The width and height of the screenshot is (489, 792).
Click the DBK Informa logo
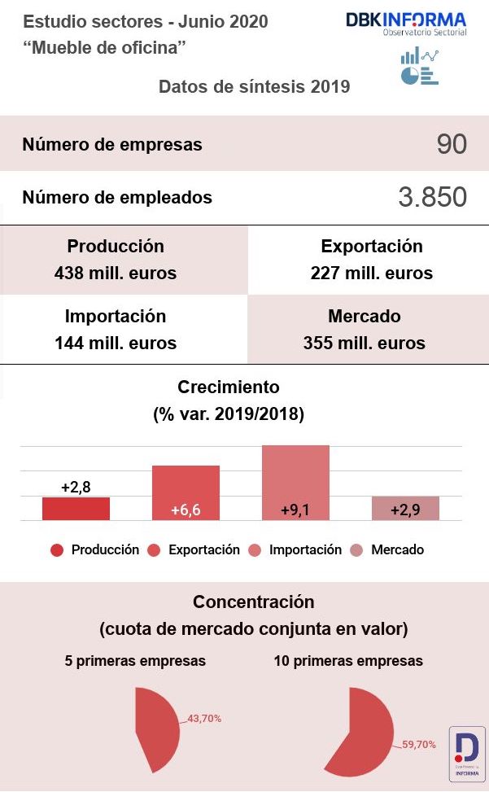pyautogui.click(x=406, y=23)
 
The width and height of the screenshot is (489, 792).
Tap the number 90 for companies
pyautogui.click(x=452, y=144)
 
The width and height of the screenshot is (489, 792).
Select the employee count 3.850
pyautogui.click(x=432, y=197)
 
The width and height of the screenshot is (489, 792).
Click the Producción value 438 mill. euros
pyautogui.click(x=116, y=273)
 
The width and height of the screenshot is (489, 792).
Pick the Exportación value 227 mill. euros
pyautogui.click(x=372, y=273)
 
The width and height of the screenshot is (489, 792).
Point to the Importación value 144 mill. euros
pyautogui.click(x=116, y=343)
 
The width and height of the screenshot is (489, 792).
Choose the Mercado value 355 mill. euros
pyautogui.click(x=365, y=343)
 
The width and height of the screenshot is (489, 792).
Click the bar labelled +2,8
pyautogui.click(x=76, y=509)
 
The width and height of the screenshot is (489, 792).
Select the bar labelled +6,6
pyautogui.click(x=186, y=493)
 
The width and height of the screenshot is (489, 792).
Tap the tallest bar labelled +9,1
pyautogui.click(x=295, y=483)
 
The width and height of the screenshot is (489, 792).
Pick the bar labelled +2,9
pyautogui.click(x=405, y=509)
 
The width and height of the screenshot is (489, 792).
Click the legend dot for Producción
pyautogui.click(x=57, y=550)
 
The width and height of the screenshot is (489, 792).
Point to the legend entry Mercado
pyautogui.click(x=397, y=550)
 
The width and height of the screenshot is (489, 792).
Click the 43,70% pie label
pyautogui.click(x=204, y=719)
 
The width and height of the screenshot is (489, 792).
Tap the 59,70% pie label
pyautogui.click(x=419, y=744)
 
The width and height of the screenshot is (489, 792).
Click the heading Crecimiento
pyautogui.click(x=228, y=387)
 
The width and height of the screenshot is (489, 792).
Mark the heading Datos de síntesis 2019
pyautogui.click(x=255, y=86)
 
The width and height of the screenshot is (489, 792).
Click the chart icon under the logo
pyautogui.click(x=419, y=66)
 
